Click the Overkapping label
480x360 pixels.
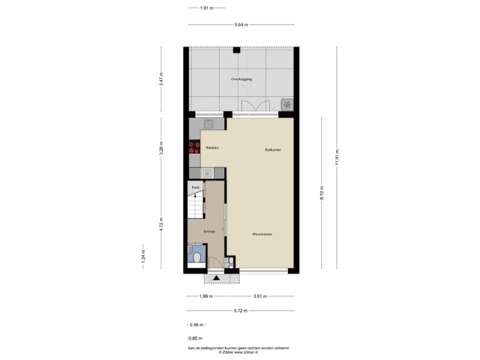click(x=241, y=79)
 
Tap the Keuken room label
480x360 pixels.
click(x=212, y=147)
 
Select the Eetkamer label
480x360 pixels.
click(x=273, y=150)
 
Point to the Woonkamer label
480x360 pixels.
click(x=262, y=234)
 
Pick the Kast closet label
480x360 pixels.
click(x=195, y=187)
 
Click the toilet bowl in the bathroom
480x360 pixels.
click(x=198, y=256)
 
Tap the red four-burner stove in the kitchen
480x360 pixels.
click(x=194, y=147)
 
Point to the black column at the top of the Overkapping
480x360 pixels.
click(x=237, y=49)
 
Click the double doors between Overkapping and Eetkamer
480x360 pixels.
click(x=255, y=107)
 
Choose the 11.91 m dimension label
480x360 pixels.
click(x=337, y=158)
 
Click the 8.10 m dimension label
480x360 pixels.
click(x=321, y=193)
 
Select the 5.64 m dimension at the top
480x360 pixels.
click(x=241, y=25)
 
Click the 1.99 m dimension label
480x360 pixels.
click(x=206, y=297)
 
